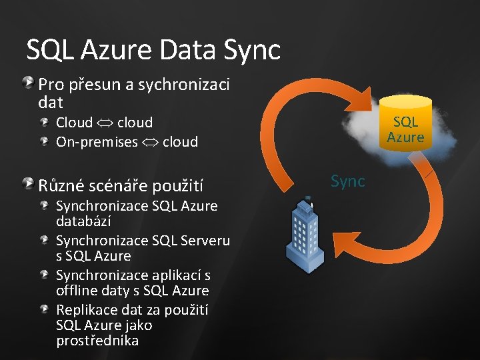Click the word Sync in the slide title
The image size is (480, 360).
coord(251,50)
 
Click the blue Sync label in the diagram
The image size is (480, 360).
coord(348,181)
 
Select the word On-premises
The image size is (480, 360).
coord(97,141)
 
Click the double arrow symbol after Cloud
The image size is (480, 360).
coord(105,123)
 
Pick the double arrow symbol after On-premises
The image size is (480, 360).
coord(151,141)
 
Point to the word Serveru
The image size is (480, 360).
coord(205,240)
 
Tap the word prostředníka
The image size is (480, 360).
coord(97,341)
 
